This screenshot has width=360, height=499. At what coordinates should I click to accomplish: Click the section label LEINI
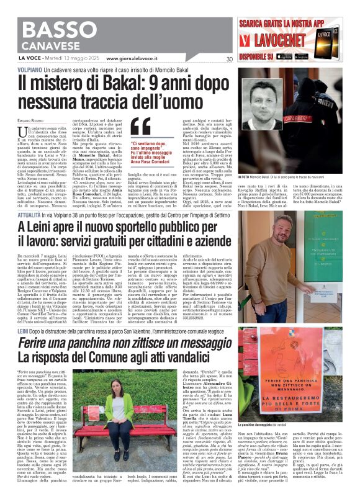click(x=25, y=333)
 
